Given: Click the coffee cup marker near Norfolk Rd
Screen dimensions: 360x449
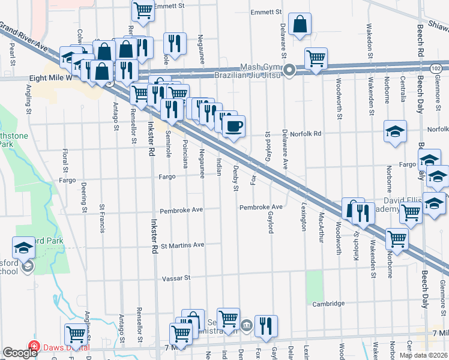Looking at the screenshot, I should pyautogui.click(x=234, y=125).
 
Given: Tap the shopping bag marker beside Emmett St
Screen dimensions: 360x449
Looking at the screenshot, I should pyautogui.click(x=300, y=25).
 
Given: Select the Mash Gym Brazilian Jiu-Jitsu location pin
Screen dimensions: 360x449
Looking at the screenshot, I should pyautogui.click(x=289, y=71).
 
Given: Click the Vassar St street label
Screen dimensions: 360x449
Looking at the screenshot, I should pyautogui.click(x=176, y=278).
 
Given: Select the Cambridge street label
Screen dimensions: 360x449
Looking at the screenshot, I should pyautogui.click(x=327, y=304).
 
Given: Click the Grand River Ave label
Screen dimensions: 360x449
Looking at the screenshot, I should pyautogui.click(x=24, y=36).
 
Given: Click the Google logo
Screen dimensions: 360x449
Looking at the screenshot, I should pyautogui.click(x=19, y=353).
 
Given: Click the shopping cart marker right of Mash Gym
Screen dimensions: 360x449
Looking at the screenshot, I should pyautogui.click(x=316, y=58).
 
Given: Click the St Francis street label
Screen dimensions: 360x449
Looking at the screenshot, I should pyautogui.click(x=103, y=218).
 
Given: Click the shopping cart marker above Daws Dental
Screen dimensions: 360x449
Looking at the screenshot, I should pyautogui.click(x=76, y=333).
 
